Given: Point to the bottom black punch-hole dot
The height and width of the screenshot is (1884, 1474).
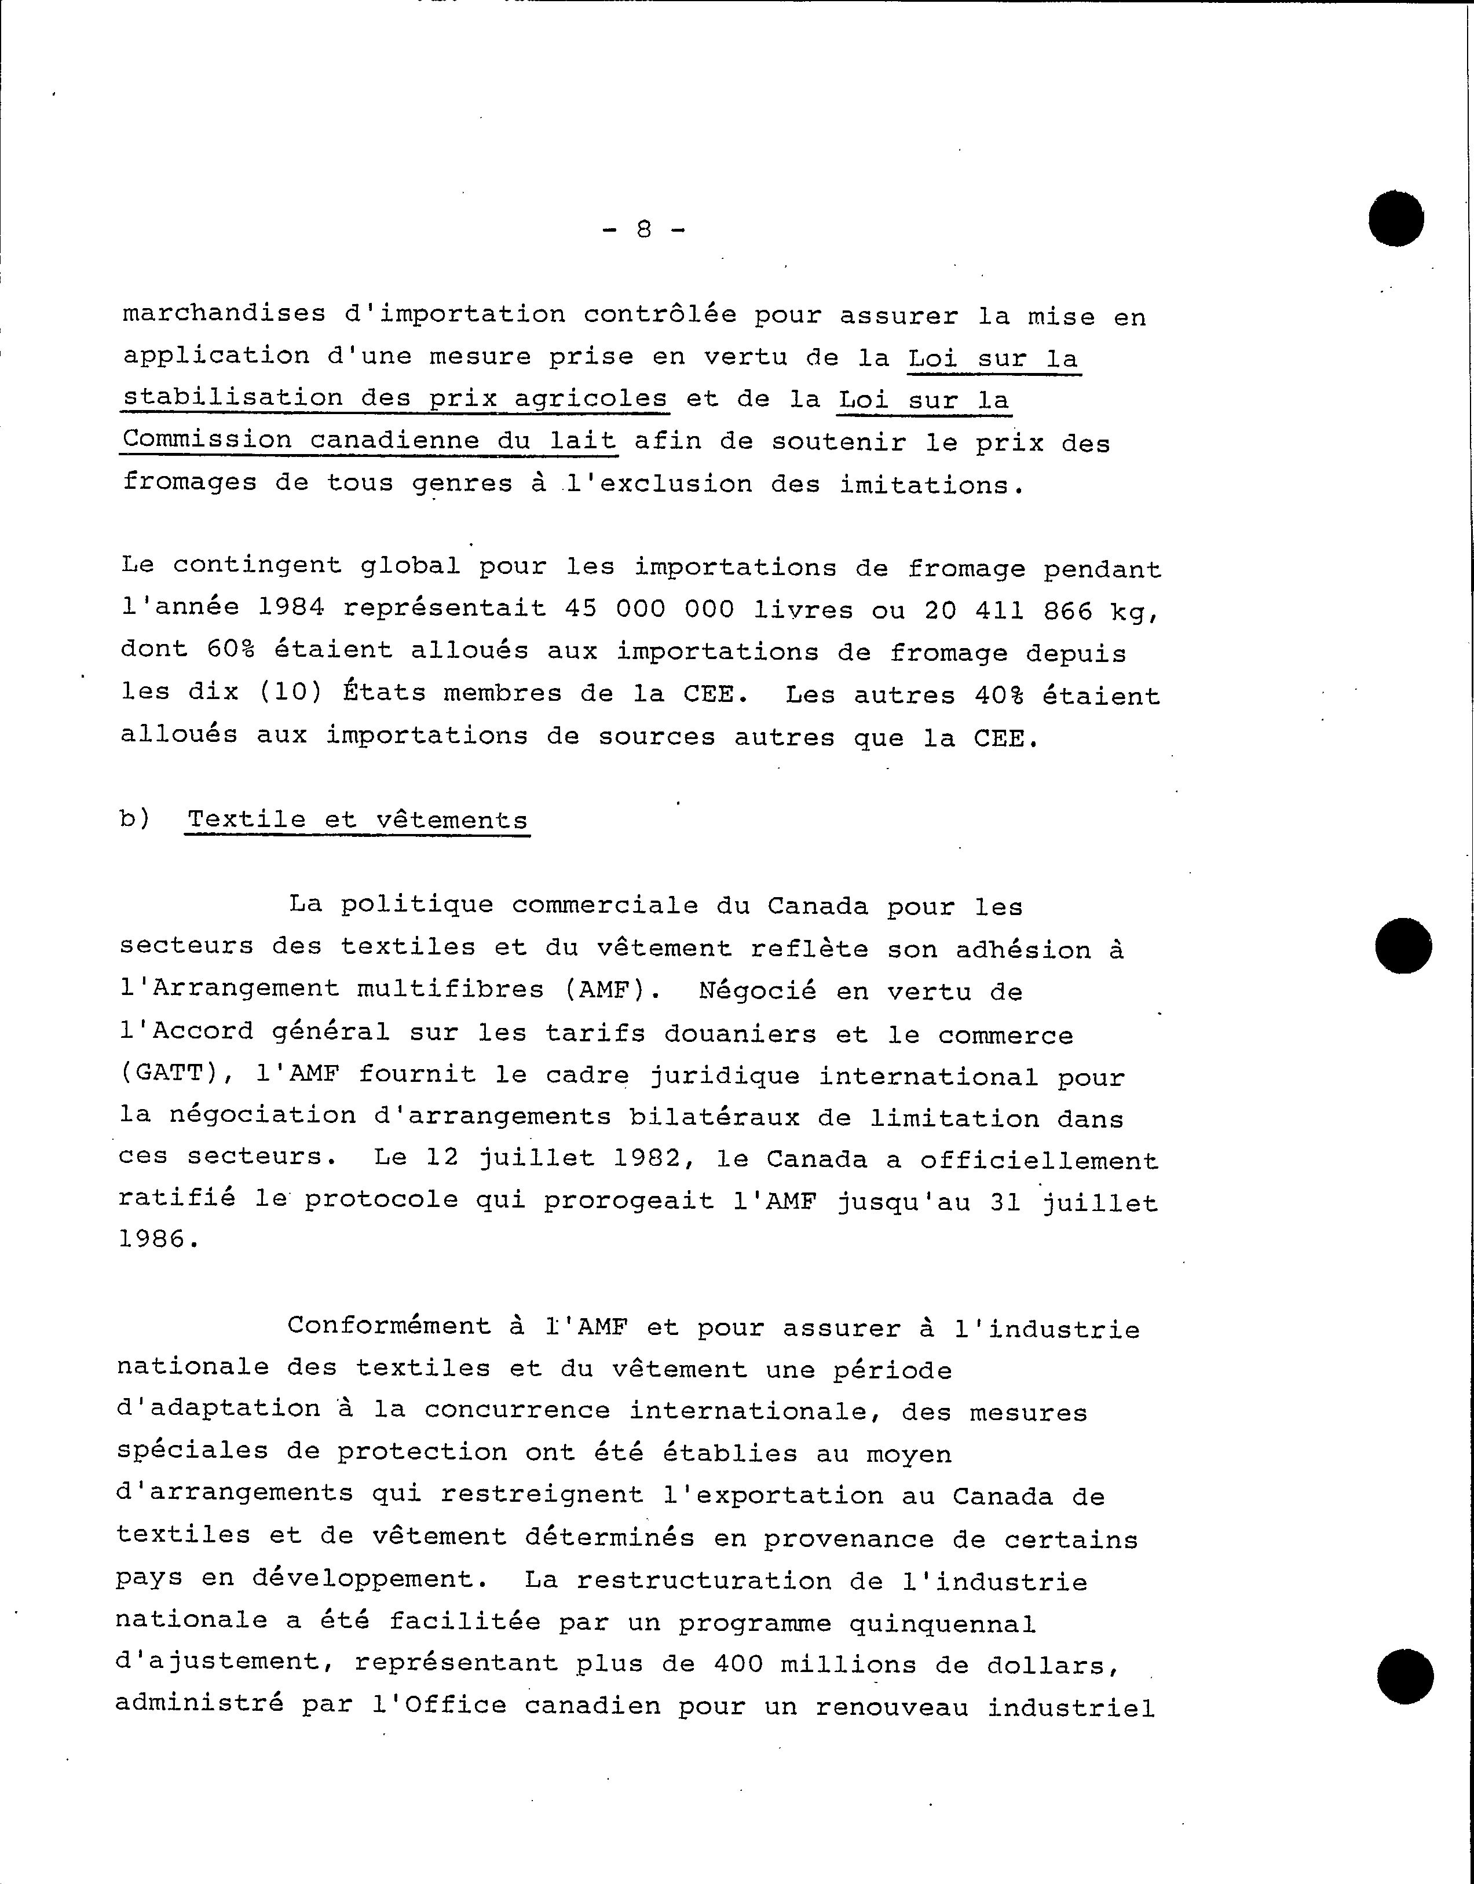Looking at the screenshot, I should [1405, 1676].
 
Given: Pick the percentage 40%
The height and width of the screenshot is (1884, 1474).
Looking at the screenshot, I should [999, 696].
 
